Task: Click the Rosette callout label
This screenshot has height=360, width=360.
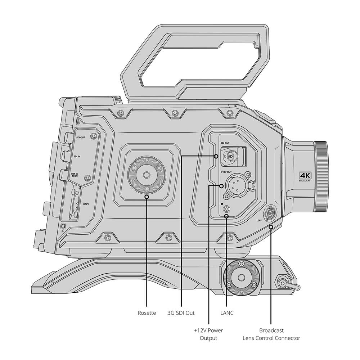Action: pos(147,313)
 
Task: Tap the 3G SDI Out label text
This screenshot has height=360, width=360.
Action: pos(181,313)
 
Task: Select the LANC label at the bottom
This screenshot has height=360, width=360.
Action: pos(226,313)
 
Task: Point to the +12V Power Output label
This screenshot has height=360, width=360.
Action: pos(209,334)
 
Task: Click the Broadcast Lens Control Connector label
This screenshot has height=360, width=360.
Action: pos(271,334)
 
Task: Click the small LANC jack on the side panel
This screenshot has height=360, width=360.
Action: pos(227,208)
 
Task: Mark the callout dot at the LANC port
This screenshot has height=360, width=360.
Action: pos(226,216)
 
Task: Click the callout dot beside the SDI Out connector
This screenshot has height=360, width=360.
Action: pos(216,156)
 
